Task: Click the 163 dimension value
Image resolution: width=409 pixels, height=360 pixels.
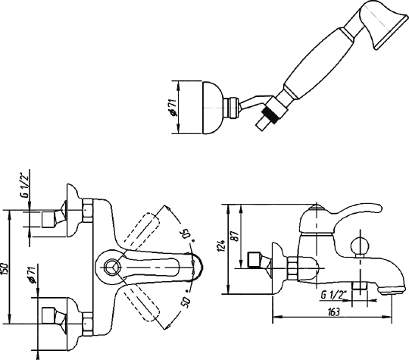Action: (x=333, y=312)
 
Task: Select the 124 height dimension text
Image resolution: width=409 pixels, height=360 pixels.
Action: (x=221, y=246)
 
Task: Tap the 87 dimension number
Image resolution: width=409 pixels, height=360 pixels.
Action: (x=236, y=236)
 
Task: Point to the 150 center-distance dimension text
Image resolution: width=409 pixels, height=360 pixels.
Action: (x=5, y=268)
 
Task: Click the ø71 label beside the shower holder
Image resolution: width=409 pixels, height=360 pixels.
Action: (x=173, y=107)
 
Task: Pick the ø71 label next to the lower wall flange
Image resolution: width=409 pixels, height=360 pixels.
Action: (x=32, y=275)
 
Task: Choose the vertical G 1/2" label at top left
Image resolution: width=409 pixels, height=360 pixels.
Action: (x=25, y=187)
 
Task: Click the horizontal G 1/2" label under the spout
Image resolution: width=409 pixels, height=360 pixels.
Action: (x=332, y=295)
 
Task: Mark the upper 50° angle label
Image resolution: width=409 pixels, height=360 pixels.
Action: (x=189, y=233)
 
